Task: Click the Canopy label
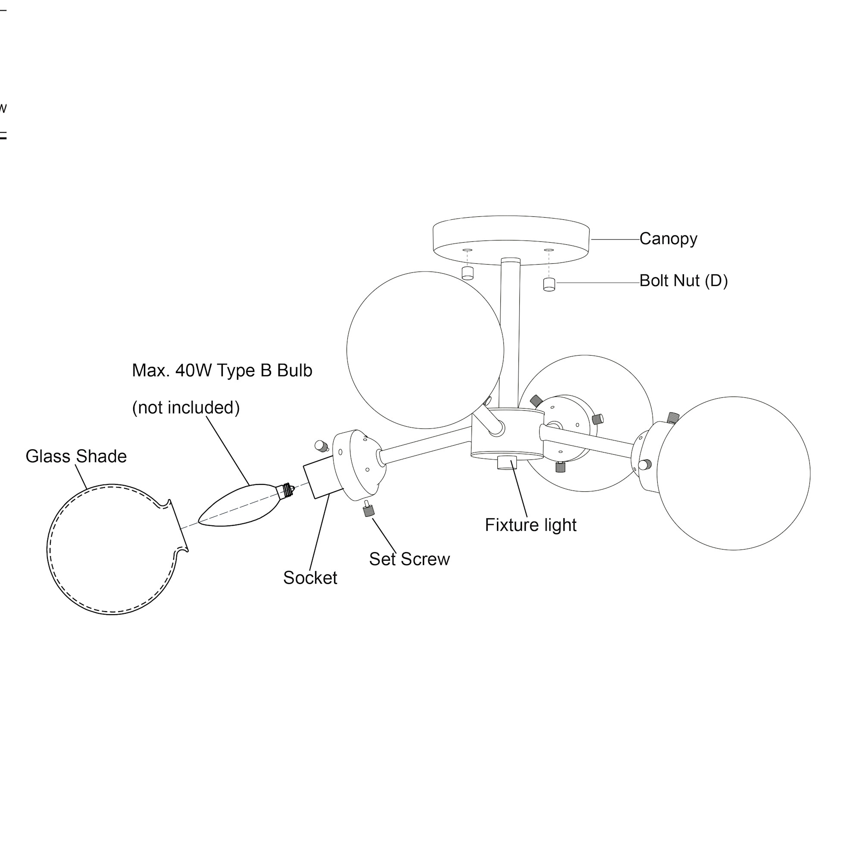coord(668,239)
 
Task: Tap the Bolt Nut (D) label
coord(683,281)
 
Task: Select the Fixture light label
coord(530,525)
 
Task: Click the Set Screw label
coord(409,559)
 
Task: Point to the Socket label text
coord(310,578)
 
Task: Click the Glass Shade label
coord(76,456)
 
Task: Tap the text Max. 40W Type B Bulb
coord(222,371)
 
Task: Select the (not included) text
coord(186,408)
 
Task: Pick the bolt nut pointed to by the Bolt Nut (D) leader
coord(549,284)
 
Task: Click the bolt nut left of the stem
coord(467,273)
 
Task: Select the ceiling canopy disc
coord(511,237)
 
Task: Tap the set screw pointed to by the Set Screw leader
coord(368,509)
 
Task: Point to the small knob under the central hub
coord(507,462)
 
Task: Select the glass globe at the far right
coord(733,473)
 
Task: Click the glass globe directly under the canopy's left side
coord(425,350)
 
